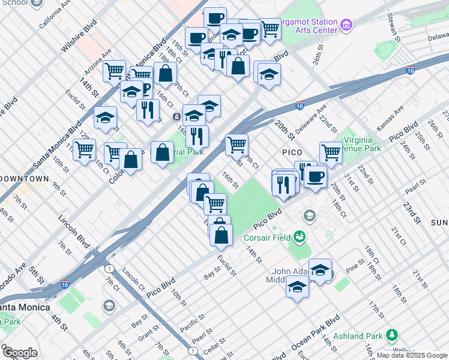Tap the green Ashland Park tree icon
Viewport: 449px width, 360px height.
[x=393, y=334]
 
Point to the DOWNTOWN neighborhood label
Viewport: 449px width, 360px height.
[x=24, y=179]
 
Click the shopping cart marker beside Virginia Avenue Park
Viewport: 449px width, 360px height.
[x=331, y=152]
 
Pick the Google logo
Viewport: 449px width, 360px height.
[x=19, y=353]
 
